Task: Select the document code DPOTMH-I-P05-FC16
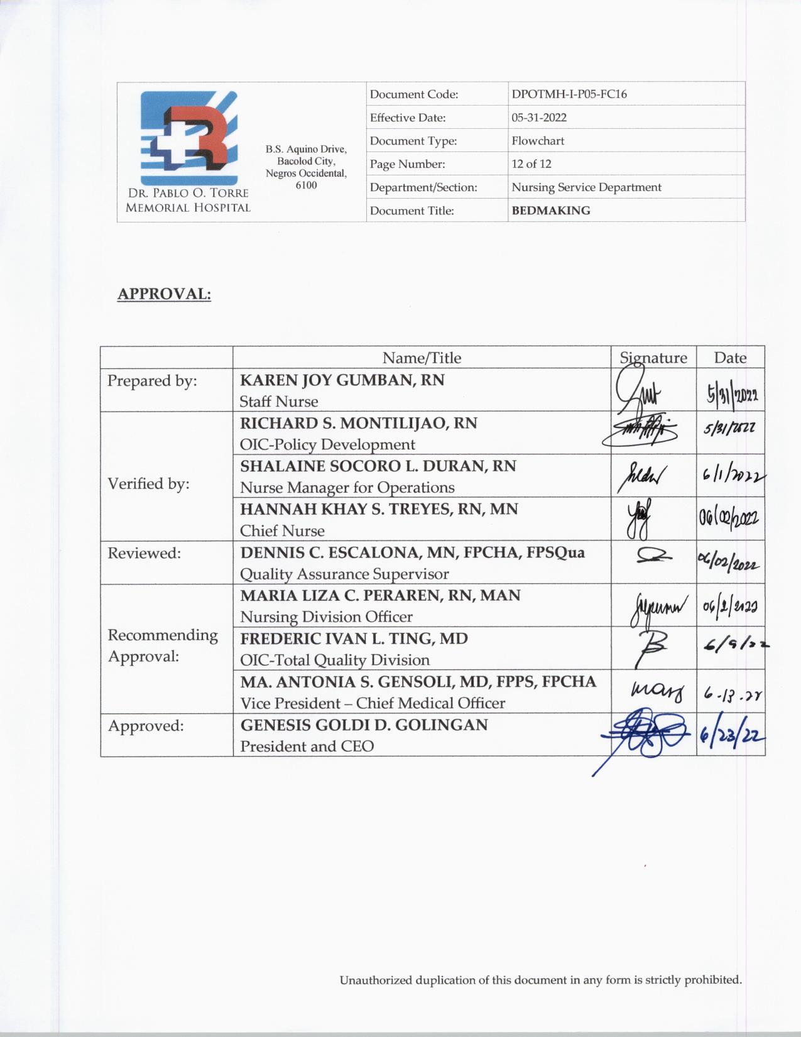coord(569,94)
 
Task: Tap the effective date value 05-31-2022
coord(538,118)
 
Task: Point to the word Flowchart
coord(537,141)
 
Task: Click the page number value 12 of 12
coord(531,164)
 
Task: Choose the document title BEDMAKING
coord(550,211)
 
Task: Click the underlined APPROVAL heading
coord(164,294)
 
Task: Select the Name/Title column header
coord(422,358)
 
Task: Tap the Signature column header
coord(653,358)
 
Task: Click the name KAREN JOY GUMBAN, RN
coord(342,380)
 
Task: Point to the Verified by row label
coord(148,483)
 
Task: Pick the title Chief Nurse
coord(282,531)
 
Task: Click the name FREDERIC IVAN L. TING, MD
coord(354,639)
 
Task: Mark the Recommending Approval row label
coord(162,645)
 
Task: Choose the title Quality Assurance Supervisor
coord(344,574)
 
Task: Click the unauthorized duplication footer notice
coord(540,980)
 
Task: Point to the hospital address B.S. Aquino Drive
coord(306,150)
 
